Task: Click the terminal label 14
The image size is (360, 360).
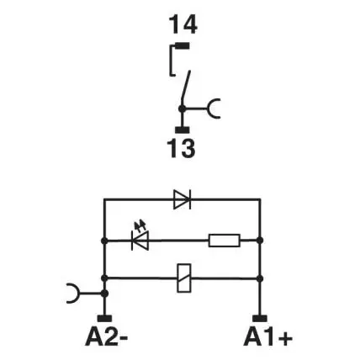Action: coord(183,25)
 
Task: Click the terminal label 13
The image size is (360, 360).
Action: coord(182,148)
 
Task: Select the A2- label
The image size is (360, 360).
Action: coord(107,336)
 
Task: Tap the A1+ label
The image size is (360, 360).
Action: coord(268,336)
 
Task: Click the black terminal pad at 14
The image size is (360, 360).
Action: coord(182,45)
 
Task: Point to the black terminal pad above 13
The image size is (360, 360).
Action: coord(183,130)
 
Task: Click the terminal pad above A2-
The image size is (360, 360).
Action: coord(104,319)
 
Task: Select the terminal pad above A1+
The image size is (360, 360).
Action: coord(260,319)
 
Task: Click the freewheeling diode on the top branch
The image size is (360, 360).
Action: coord(183,199)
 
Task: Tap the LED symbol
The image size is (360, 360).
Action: coord(140,241)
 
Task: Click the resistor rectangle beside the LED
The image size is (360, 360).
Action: coord(225,241)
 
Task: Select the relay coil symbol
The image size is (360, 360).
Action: coord(184,278)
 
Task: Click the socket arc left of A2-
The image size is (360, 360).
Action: coord(73,294)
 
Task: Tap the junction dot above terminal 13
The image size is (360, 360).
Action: coord(183,109)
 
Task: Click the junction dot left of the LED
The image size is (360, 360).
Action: coord(104,241)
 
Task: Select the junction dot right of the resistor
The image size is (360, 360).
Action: coord(260,241)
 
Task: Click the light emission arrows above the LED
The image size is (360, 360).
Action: coord(140,225)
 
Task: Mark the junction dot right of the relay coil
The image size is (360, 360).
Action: coord(260,278)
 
